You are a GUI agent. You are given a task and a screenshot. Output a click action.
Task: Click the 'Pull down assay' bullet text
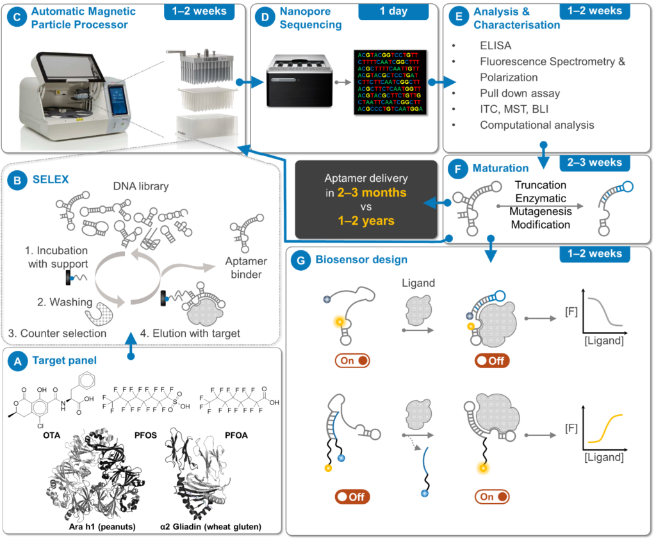520,93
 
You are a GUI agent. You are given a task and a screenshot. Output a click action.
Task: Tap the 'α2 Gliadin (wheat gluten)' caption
211,527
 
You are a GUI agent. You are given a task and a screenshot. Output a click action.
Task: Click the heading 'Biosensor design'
361,261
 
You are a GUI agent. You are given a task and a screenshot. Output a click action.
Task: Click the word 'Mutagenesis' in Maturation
541,212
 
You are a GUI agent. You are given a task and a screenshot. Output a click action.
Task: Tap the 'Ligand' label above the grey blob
419,283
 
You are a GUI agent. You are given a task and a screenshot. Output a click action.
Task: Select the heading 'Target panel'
65,362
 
